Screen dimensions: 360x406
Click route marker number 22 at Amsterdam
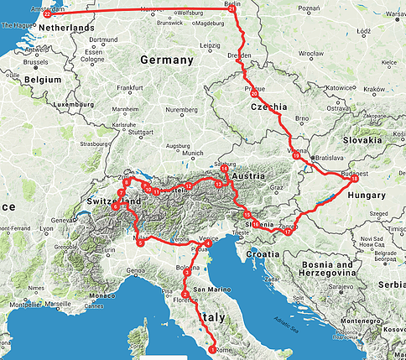pos(47,14)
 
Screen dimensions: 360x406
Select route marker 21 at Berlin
pos(232,9)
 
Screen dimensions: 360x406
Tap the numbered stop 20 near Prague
pos(255,95)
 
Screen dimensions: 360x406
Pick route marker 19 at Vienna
pos(296,156)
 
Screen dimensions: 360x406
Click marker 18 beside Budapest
pos(354,179)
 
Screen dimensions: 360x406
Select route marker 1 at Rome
pos(211,349)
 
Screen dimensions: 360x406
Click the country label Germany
pos(166,60)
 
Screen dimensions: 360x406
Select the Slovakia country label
pos(361,140)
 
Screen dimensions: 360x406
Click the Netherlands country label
pos(60,28)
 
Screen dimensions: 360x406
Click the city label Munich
pos(193,153)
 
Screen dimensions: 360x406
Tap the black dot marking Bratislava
pos(312,157)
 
